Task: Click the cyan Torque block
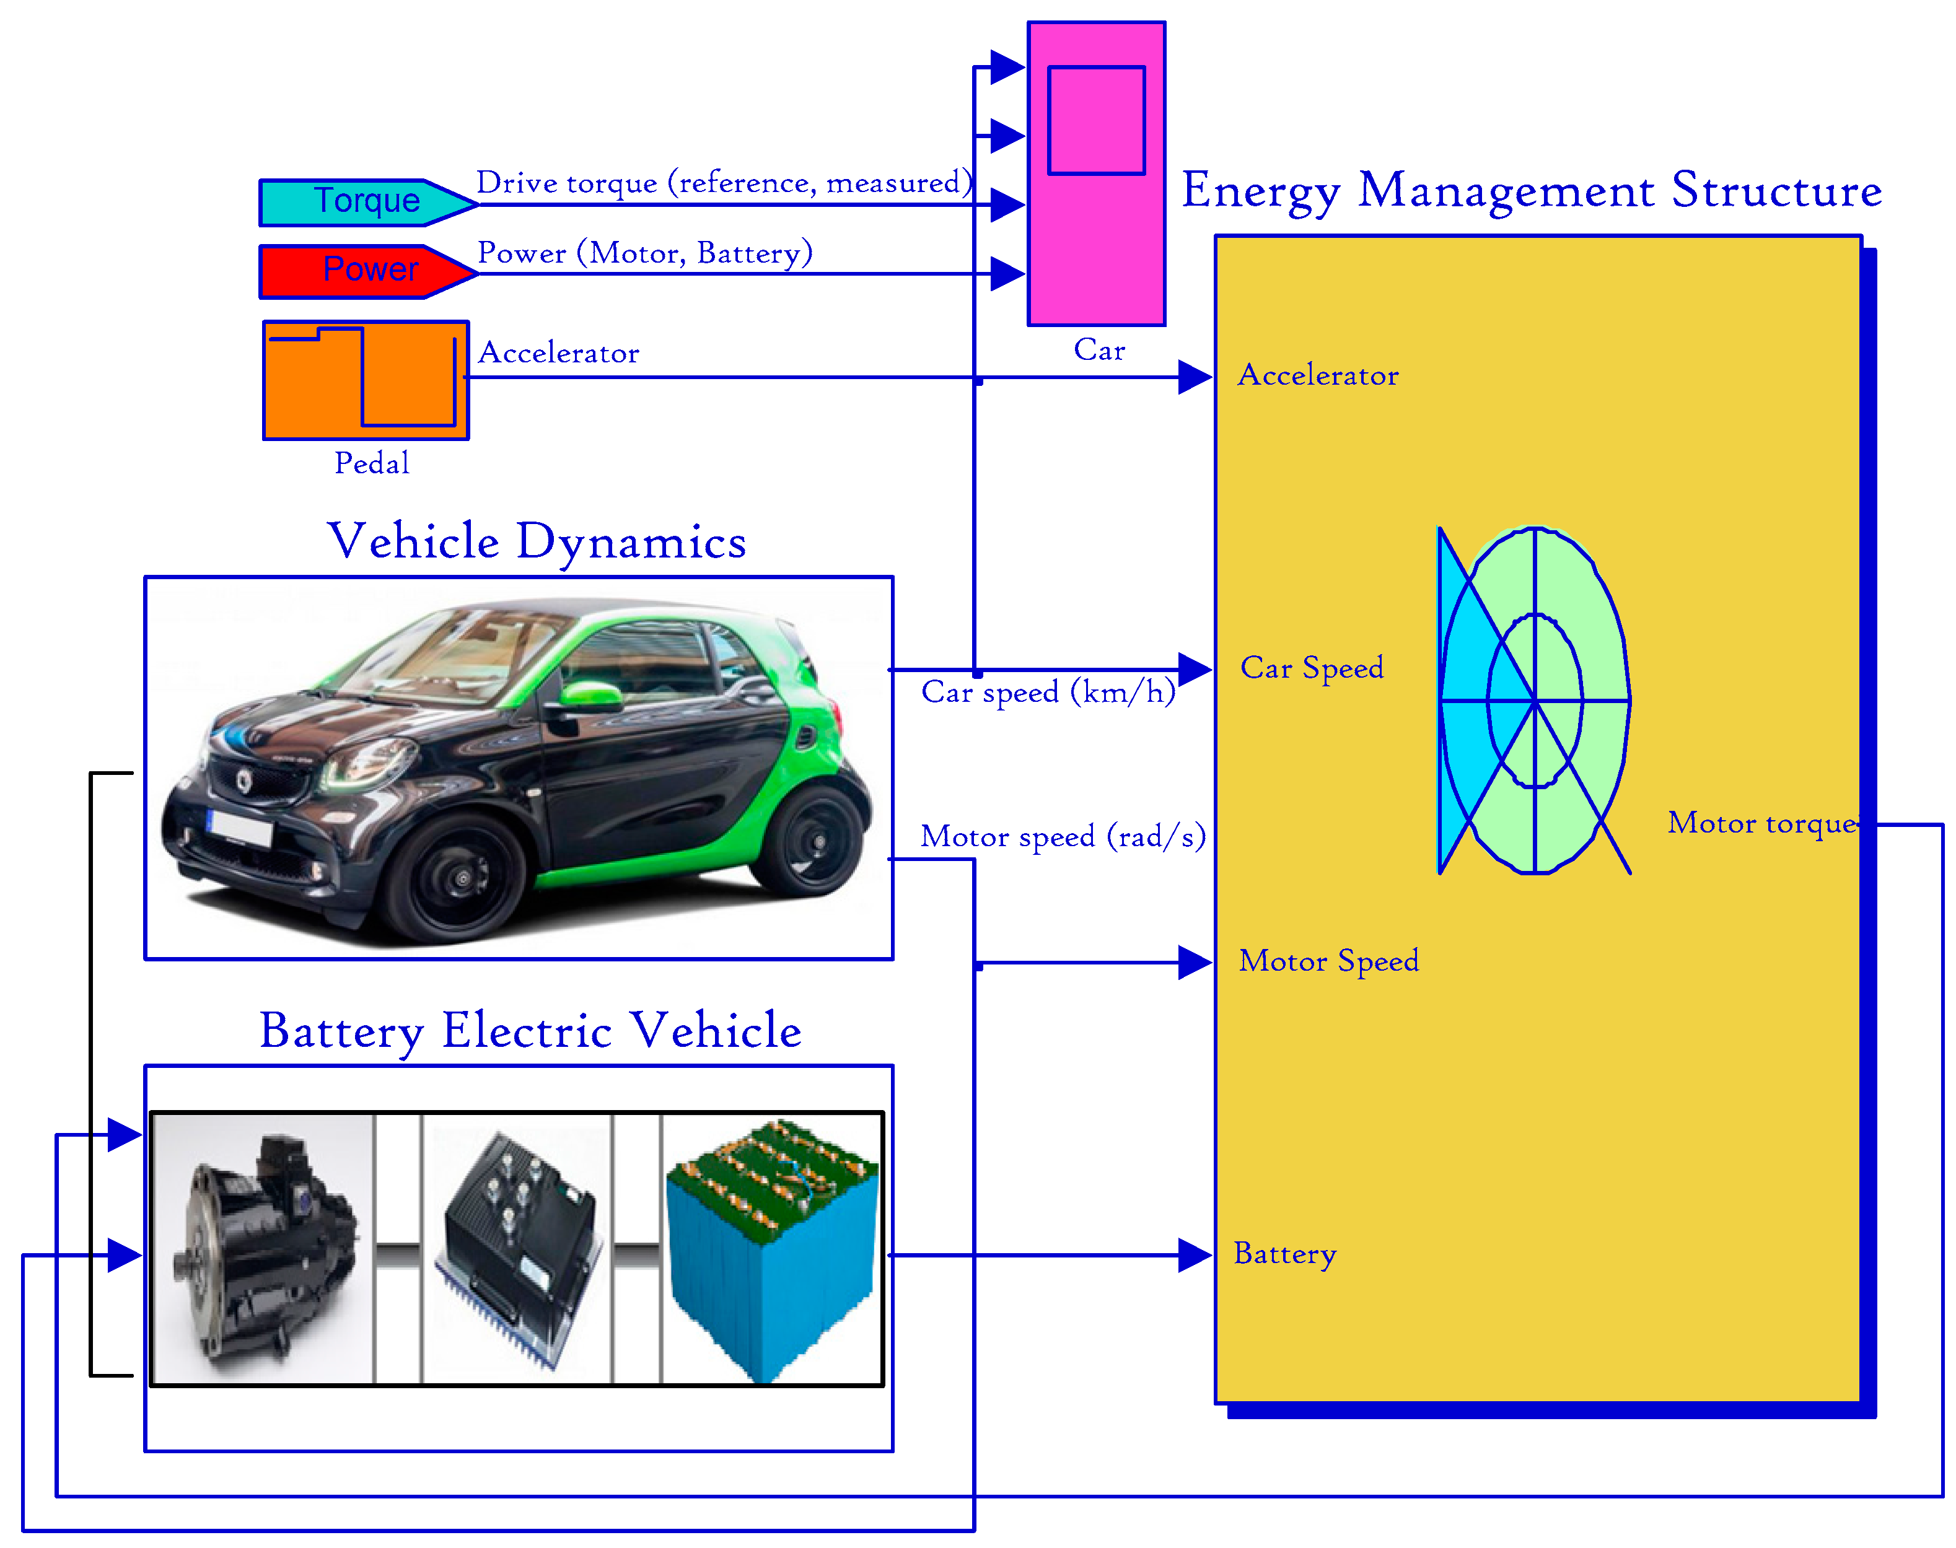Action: pos(362,202)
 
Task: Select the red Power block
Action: pos(362,271)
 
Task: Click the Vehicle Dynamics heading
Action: pos(537,542)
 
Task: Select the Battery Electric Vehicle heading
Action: pos(530,1031)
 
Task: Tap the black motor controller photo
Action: pos(517,1247)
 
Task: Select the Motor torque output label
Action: pos(1761,823)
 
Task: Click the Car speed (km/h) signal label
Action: pos(1047,693)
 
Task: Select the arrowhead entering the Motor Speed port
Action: pos(1194,963)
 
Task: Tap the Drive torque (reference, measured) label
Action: pos(723,183)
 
